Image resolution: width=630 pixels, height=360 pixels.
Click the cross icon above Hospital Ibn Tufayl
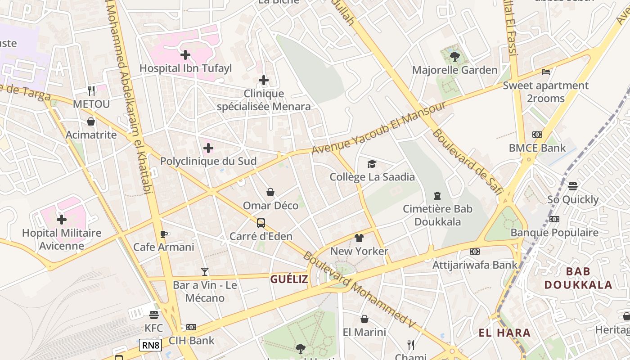coord(185,55)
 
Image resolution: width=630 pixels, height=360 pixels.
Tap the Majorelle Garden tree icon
coord(454,57)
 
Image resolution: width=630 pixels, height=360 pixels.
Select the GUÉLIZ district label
coord(289,279)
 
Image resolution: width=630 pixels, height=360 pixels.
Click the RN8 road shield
coord(150,345)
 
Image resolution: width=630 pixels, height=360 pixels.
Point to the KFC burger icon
coord(154,315)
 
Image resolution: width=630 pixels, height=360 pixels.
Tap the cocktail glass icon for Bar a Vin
coord(205,271)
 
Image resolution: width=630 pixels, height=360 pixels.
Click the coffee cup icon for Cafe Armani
coord(164,234)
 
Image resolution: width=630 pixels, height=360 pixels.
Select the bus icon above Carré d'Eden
coord(261,223)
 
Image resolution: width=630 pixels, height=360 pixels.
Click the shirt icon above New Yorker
coord(359,238)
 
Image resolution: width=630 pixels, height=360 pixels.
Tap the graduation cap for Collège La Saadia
coord(372,164)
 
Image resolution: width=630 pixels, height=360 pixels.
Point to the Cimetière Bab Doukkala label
coord(437,215)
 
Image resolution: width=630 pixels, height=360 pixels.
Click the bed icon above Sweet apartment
coord(546,72)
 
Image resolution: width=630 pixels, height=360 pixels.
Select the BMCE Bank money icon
coord(537,135)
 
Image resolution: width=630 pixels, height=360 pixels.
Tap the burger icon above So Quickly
coord(573,186)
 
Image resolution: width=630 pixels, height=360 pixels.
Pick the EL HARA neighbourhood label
coord(504,333)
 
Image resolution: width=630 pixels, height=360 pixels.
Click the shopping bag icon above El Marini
coord(364,319)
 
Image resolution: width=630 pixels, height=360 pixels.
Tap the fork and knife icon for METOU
coord(91,91)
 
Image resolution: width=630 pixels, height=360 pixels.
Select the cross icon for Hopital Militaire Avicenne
coord(62,220)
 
